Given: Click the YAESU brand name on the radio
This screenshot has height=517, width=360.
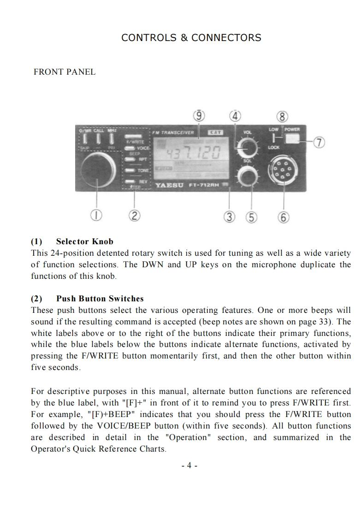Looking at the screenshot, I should click(x=169, y=185).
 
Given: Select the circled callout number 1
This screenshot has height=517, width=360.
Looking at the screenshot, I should click(x=96, y=215).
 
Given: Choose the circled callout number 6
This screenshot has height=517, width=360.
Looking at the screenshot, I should click(x=283, y=216).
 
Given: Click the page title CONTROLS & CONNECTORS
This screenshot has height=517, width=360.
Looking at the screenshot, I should click(x=191, y=38).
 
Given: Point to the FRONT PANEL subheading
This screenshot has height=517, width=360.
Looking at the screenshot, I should click(x=65, y=72).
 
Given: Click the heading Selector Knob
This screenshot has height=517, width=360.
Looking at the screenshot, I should click(x=84, y=241).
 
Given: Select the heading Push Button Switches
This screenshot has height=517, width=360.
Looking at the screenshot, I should click(x=100, y=299).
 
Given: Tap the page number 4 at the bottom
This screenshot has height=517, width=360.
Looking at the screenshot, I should click(x=189, y=465).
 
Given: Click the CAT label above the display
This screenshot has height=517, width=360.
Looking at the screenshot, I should click(x=215, y=132).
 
